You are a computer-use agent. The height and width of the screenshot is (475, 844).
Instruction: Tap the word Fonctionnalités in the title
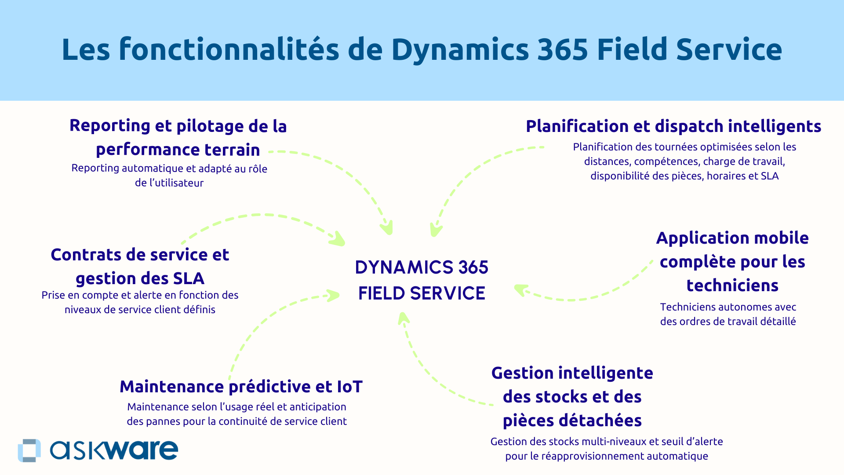tap(229, 49)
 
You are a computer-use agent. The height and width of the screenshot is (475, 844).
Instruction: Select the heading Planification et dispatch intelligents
tap(673, 126)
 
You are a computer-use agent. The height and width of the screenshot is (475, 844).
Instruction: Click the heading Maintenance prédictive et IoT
tap(241, 387)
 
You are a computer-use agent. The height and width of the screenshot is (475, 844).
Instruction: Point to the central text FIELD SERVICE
tap(422, 293)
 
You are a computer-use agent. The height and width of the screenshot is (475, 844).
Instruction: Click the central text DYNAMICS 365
tap(422, 267)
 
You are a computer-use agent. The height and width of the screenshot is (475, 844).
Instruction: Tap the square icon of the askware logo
tap(29, 450)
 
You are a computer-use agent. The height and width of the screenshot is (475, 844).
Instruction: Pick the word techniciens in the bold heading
tap(732, 285)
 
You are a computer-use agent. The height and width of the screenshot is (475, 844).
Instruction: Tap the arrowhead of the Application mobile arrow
tap(520, 289)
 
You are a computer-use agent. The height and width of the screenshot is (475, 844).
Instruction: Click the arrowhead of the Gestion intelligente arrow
tap(403, 318)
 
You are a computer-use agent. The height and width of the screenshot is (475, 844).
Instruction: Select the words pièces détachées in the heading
tap(572, 420)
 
